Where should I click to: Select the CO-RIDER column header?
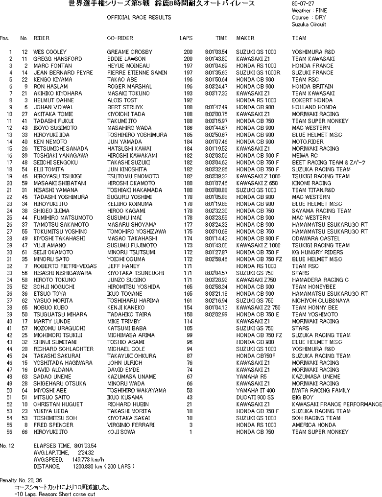point(120,38)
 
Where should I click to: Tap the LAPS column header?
point(186,38)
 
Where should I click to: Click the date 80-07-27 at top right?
point(301,3)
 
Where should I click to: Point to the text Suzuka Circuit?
point(309,24)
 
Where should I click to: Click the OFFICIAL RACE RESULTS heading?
point(139,18)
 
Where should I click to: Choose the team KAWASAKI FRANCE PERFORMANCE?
point(336,404)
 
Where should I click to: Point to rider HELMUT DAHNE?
point(50,100)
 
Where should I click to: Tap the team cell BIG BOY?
point(303,398)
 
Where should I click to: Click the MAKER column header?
point(245,38)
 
